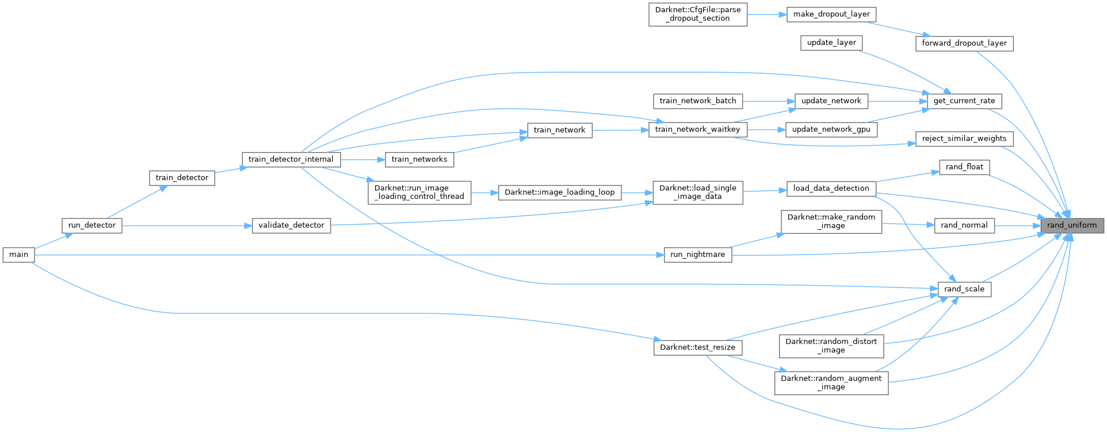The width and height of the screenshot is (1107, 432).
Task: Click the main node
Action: pos(18,255)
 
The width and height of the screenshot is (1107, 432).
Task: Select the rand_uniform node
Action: pos(1072,225)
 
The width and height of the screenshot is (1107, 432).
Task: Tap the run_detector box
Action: pos(92,225)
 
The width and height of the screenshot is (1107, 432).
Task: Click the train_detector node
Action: pos(182,178)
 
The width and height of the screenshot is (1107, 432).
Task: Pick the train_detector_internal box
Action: pos(291,160)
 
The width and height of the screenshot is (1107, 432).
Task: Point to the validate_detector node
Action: pos(291,225)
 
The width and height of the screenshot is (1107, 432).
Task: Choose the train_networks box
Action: pos(419,160)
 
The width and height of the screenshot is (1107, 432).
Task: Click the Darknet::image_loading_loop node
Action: pos(559,192)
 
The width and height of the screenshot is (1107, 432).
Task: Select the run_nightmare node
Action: pos(697,255)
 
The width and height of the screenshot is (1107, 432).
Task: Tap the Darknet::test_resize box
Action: pos(697,347)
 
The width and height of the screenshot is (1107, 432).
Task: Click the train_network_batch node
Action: pos(697,101)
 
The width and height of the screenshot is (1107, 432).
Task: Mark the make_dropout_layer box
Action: pos(831,14)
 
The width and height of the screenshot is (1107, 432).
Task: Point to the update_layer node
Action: pos(831,43)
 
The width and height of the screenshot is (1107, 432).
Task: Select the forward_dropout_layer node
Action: pos(964,43)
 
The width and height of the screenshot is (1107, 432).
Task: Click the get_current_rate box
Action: pos(964,101)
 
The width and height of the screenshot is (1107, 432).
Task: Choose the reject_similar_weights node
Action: pos(964,139)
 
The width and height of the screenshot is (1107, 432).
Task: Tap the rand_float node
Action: pos(964,167)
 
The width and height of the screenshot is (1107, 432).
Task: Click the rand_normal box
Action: pos(964,225)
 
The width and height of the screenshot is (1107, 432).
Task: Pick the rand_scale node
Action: pos(964,289)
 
